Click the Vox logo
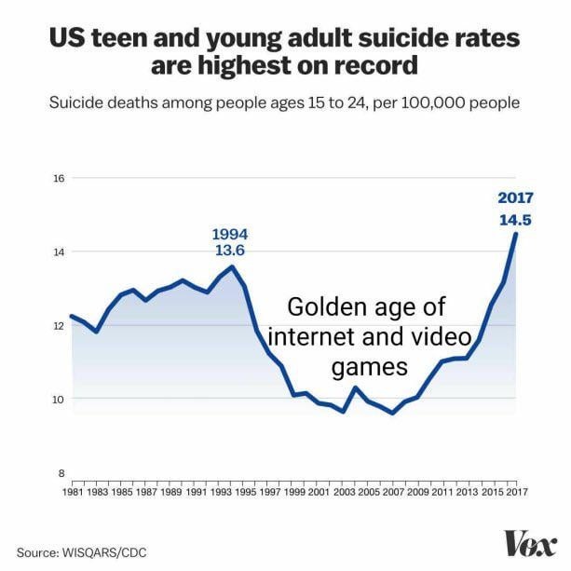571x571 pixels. [529, 543]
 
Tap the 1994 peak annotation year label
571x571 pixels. [230, 233]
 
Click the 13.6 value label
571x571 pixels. [230, 251]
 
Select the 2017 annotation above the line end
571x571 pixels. [515, 197]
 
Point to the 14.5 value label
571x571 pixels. [515, 220]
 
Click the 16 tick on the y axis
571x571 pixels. [57, 178]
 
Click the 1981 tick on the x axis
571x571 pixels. [72, 490]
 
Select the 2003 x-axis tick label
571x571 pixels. [343, 490]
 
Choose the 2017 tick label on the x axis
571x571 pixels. [516, 490]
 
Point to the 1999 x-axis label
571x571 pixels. [293, 490]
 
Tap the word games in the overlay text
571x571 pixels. [370, 366]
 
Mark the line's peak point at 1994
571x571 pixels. [233, 266]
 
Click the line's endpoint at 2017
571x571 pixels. [516, 233]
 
